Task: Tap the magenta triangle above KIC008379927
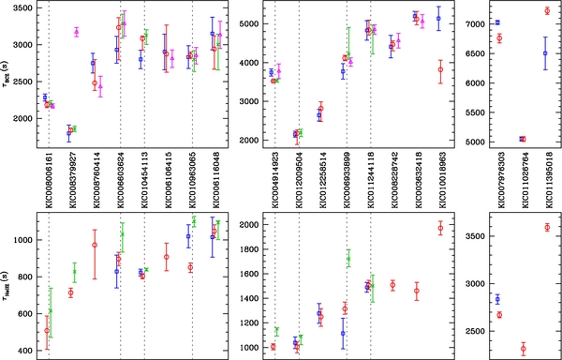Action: (76, 32)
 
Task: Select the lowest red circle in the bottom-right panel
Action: (523, 349)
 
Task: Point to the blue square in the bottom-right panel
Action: (496, 299)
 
